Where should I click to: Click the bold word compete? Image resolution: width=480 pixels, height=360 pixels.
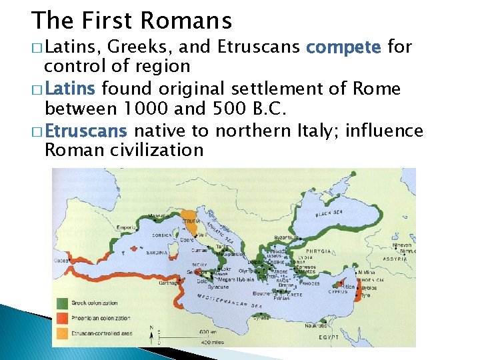tap(343, 47)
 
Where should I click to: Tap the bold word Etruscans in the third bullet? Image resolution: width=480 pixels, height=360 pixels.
tap(87, 130)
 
